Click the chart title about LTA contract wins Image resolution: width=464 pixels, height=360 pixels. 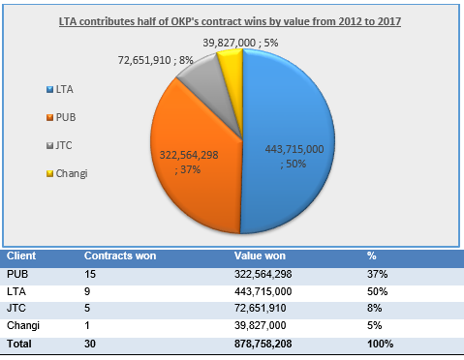232,20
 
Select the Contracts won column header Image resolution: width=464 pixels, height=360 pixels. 120,256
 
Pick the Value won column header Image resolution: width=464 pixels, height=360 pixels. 261,256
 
